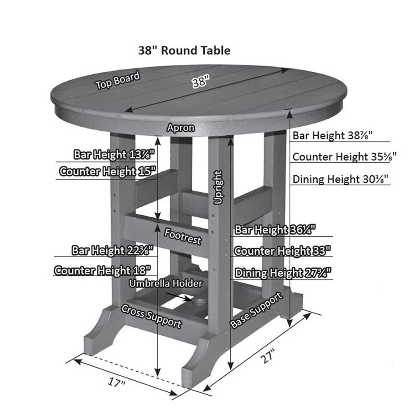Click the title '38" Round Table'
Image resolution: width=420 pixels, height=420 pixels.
click(184, 51)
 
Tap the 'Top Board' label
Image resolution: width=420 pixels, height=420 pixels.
click(118, 80)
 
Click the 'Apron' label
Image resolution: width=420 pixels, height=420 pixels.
click(181, 128)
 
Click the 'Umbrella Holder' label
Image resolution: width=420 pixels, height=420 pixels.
click(166, 283)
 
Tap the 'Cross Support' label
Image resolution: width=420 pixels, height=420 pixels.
click(151, 316)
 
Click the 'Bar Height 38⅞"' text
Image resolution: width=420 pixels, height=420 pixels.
click(332, 135)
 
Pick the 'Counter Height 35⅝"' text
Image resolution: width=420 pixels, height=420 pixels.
click(344, 157)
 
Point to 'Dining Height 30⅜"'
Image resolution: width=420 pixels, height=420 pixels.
click(341, 179)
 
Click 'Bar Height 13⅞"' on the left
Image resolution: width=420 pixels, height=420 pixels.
click(114, 155)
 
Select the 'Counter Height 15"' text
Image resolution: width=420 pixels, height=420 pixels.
click(106, 172)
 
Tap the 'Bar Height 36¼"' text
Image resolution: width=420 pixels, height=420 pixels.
click(275, 230)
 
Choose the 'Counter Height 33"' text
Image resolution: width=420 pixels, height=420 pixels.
click(282, 251)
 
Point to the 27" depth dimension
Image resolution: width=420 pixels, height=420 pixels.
click(268, 357)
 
